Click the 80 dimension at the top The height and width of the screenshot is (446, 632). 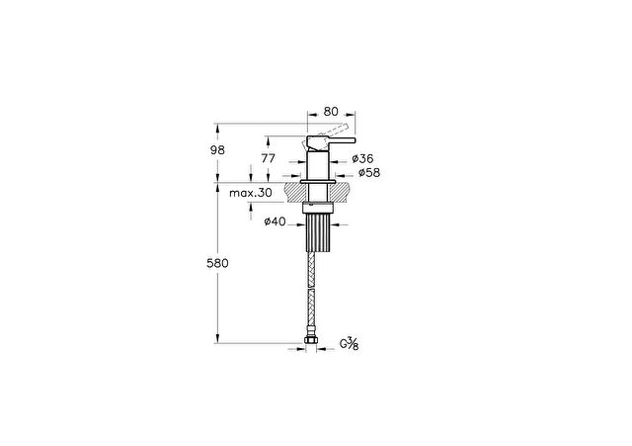tap(331, 111)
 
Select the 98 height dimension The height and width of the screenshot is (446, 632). tap(217, 150)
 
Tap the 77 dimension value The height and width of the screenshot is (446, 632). tap(268, 158)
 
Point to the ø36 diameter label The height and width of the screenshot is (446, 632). tap(362, 158)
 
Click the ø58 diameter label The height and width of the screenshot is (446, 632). tap(369, 173)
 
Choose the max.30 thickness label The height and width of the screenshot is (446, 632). tap(251, 193)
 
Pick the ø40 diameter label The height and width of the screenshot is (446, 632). tap(275, 222)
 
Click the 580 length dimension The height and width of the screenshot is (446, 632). tap(217, 263)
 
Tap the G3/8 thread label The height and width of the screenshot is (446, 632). tap(349, 344)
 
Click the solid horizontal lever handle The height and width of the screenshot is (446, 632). tap(332, 140)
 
